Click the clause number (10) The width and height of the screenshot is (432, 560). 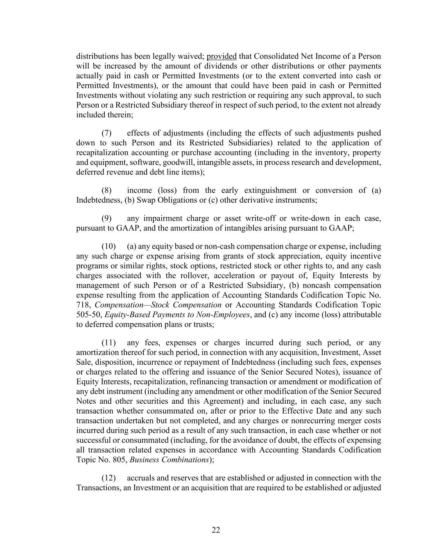point(109,247)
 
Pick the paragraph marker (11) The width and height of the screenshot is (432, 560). point(109,343)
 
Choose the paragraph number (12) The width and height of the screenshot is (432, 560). point(109,478)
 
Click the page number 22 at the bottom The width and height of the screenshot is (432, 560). point(216,530)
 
